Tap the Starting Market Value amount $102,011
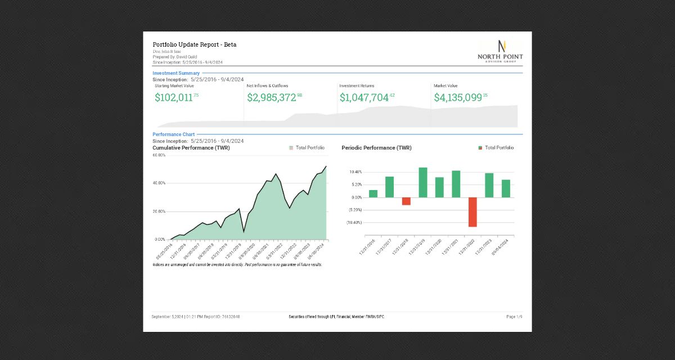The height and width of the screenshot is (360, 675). (x=174, y=97)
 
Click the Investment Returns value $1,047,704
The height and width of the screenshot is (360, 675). (x=364, y=97)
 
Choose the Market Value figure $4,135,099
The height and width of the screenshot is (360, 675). (x=458, y=97)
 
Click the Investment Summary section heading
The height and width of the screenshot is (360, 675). (x=175, y=73)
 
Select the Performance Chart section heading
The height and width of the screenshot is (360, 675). (x=173, y=134)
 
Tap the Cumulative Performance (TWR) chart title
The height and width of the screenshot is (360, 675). (x=191, y=148)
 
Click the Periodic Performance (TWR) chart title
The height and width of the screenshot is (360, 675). (x=376, y=148)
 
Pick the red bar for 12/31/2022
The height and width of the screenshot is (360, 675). (x=472, y=212)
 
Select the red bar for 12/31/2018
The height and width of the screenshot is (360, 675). (x=406, y=201)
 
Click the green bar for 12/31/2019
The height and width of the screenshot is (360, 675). (x=423, y=182)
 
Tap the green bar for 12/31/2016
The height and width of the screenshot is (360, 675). (x=373, y=193)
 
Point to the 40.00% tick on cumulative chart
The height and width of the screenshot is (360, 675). (x=159, y=183)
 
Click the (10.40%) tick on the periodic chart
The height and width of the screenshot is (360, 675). (x=354, y=223)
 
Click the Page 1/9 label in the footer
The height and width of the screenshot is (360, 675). (x=514, y=317)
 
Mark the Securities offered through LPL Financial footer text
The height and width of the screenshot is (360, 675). (x=336, y=317)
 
